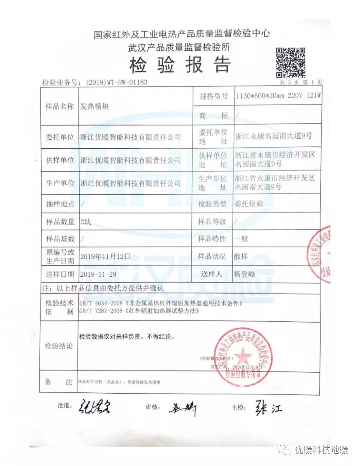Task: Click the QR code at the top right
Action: [290, 62]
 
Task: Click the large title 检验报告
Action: [180, 65]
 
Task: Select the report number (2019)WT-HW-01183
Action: [116, 82]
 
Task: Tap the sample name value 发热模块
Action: [95, 106]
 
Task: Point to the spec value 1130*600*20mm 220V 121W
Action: [278, 96]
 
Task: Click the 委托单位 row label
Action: [60, 137]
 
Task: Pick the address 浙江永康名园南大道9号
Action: [273, 136]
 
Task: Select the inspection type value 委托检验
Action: [249, 204]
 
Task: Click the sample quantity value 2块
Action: [86, 222]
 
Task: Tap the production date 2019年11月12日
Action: [105, 256]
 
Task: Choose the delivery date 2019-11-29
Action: [98, 274]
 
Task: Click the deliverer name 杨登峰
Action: [244, 274]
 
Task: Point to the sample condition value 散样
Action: [241, 256]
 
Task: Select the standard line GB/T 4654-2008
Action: [161, 303]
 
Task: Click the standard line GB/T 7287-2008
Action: [139, 311]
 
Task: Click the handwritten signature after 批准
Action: [95, 407]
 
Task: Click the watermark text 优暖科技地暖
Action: [321, 450]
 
